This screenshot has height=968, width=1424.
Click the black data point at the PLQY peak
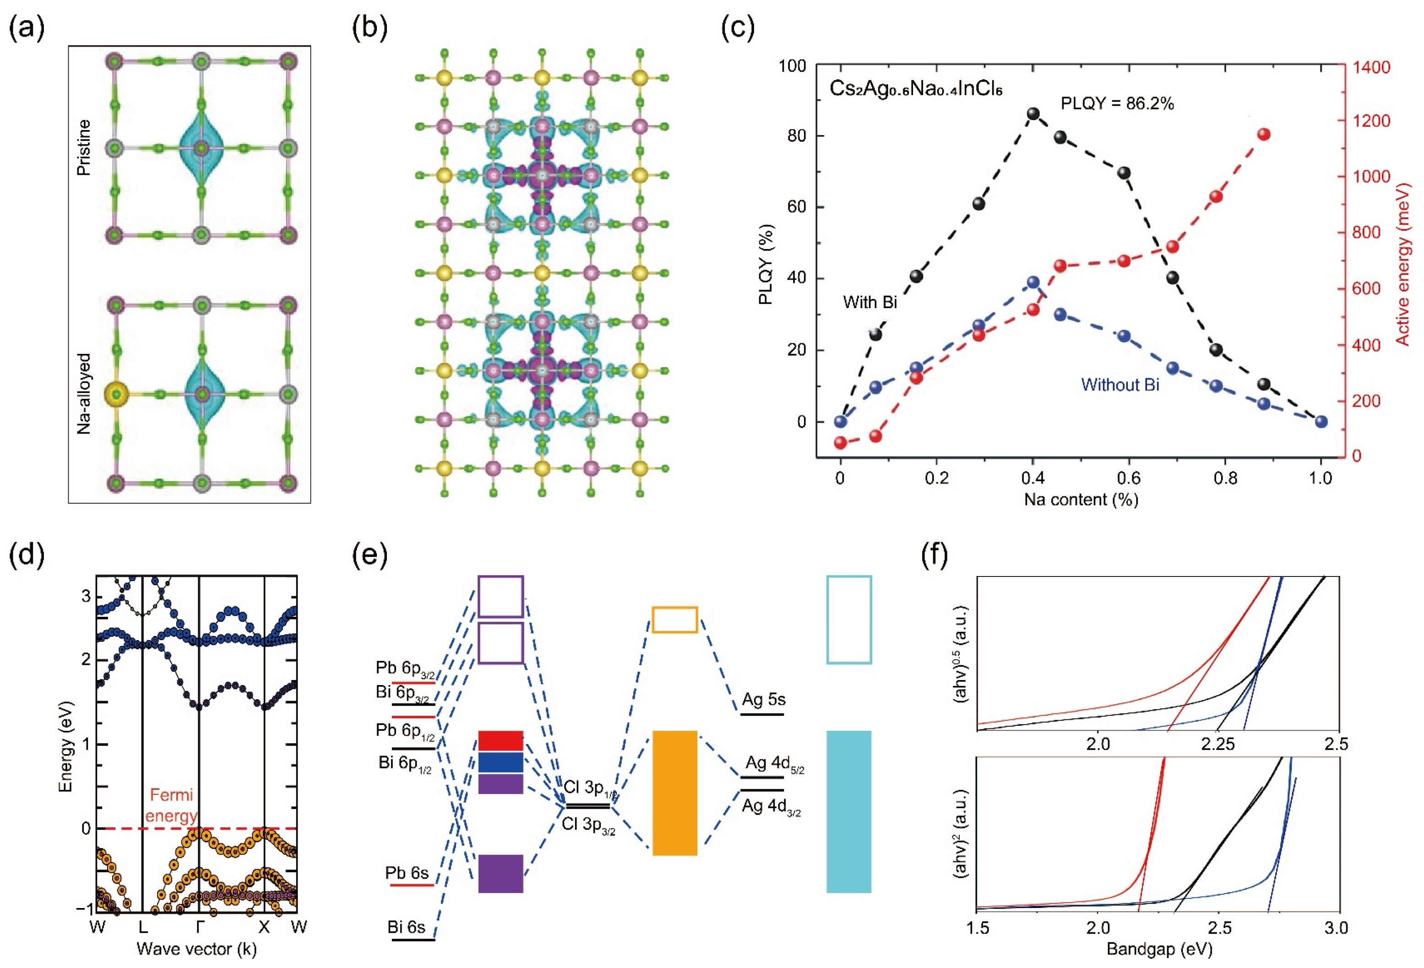click(1033, 114)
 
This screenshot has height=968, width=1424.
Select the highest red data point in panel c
click(1263, 135)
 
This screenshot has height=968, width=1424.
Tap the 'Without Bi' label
click(1120, 385)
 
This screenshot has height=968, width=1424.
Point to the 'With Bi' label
click(870, 302)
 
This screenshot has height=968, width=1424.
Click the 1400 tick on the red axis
click(1371, 67)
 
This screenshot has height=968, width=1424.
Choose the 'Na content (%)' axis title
click(1081, 499)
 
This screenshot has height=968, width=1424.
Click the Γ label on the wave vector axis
click(199, 926)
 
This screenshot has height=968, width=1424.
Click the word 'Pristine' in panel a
click(83, 147)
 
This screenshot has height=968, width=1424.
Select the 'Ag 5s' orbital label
click(763, 699)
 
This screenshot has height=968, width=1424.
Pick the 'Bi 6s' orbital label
click(406, 927)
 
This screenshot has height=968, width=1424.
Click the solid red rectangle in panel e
click(500, 741)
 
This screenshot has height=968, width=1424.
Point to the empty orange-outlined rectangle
click(674, 620)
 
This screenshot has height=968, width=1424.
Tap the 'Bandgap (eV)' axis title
click(1159, 949)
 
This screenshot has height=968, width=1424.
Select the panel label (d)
click(27, 555)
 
